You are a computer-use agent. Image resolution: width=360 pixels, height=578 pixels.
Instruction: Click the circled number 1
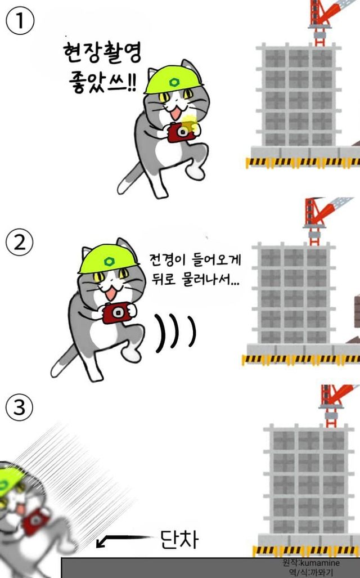[20, 21]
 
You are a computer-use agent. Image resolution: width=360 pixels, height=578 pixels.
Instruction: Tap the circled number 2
[19, 243]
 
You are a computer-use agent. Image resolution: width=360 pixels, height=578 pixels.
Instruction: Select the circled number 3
[19, 407]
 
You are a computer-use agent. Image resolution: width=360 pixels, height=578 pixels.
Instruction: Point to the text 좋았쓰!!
[102, 82]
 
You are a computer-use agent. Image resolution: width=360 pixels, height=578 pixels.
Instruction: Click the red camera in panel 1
[181, 132]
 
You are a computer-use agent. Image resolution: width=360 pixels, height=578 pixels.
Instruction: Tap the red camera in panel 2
[117, 312]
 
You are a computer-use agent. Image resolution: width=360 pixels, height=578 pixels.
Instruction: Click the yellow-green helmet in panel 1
[173, 79]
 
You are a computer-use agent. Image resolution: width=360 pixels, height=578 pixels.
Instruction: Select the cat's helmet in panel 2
[109, 259]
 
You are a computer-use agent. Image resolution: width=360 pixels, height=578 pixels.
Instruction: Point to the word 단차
[179, 539]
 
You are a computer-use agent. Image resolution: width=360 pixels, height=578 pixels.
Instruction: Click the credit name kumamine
[320, 563]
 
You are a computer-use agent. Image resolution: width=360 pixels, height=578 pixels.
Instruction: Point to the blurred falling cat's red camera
[35, 521]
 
